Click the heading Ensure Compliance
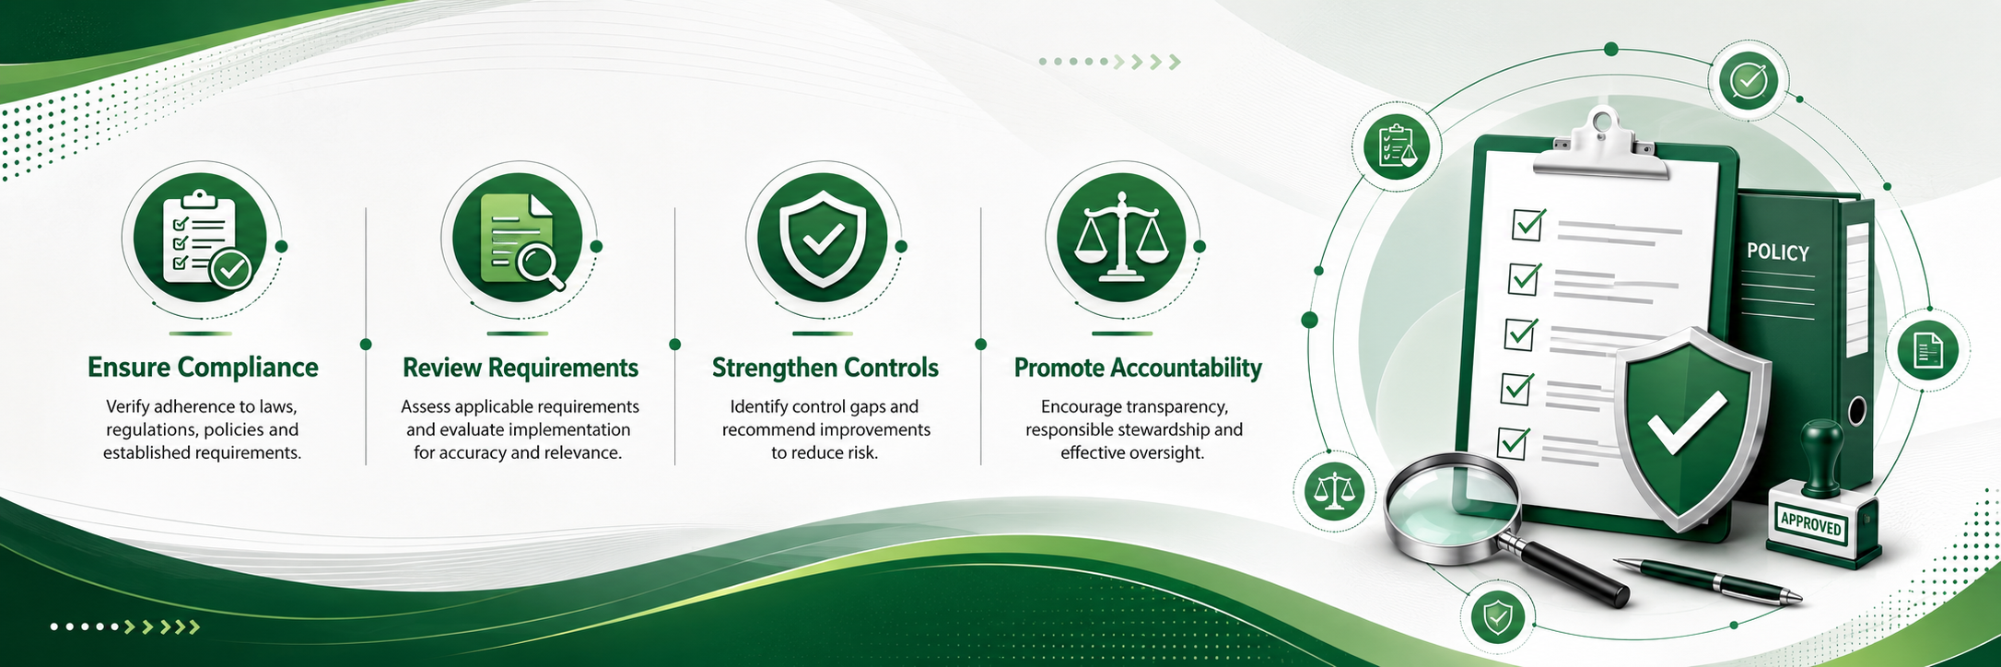203,368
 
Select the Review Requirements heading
521,368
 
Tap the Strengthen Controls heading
825,368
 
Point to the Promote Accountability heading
1138,368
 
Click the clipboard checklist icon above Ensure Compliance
201,239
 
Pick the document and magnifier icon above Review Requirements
519,239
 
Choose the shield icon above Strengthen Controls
823,239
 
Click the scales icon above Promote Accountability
1121,239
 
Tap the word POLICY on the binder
1778,252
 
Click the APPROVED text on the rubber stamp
1811,524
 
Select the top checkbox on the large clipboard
1528,224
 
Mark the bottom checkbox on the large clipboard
1513,442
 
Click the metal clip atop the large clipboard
1601,143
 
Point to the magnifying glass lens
1451,508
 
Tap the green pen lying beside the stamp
1708,580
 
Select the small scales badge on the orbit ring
1333,491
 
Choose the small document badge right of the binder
1928,350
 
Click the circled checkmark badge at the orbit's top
1748,80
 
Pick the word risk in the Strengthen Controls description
860,452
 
